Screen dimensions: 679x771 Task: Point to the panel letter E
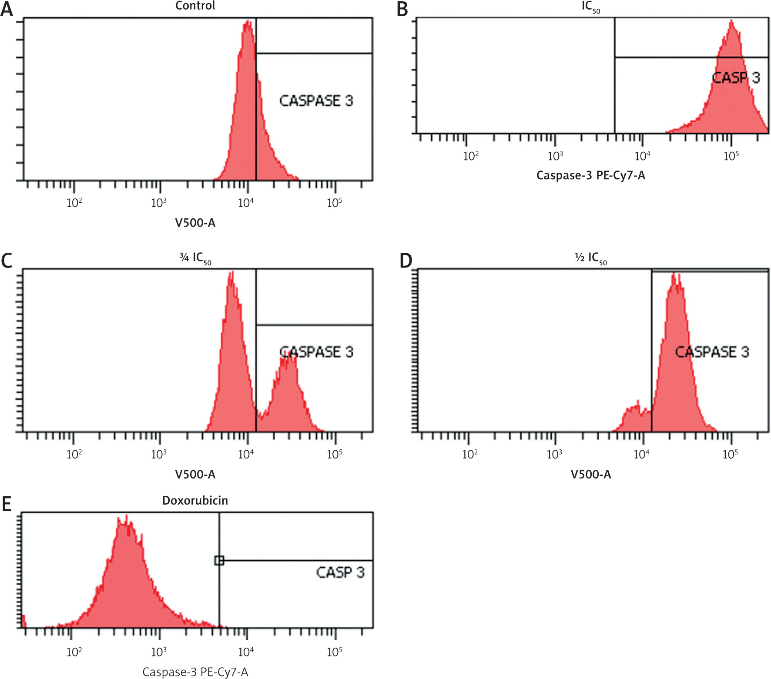tap(7, 505)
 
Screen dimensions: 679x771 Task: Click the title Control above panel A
tap(195, 6)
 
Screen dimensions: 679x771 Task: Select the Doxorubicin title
tap(195, 500)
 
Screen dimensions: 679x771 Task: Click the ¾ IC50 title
tap(195, 258)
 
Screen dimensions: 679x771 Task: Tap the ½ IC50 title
tap(590, 258)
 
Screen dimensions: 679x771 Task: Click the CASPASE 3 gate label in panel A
tap(316, 101)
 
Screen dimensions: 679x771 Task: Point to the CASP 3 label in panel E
tap(340, 572)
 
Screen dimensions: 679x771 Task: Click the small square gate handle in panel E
tap(219, 561)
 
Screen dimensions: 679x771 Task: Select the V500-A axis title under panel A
tap(195, 223)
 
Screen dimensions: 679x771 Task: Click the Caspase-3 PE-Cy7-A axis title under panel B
tap(590, 175)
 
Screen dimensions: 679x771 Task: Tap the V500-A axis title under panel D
tap(590, 474)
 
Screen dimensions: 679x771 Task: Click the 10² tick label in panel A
tap(74, 203)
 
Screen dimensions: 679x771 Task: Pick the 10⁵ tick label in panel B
tap(731, 156)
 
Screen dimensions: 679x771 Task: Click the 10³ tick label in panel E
tap(159, 652)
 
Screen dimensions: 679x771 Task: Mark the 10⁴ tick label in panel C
tap(246, 454)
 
